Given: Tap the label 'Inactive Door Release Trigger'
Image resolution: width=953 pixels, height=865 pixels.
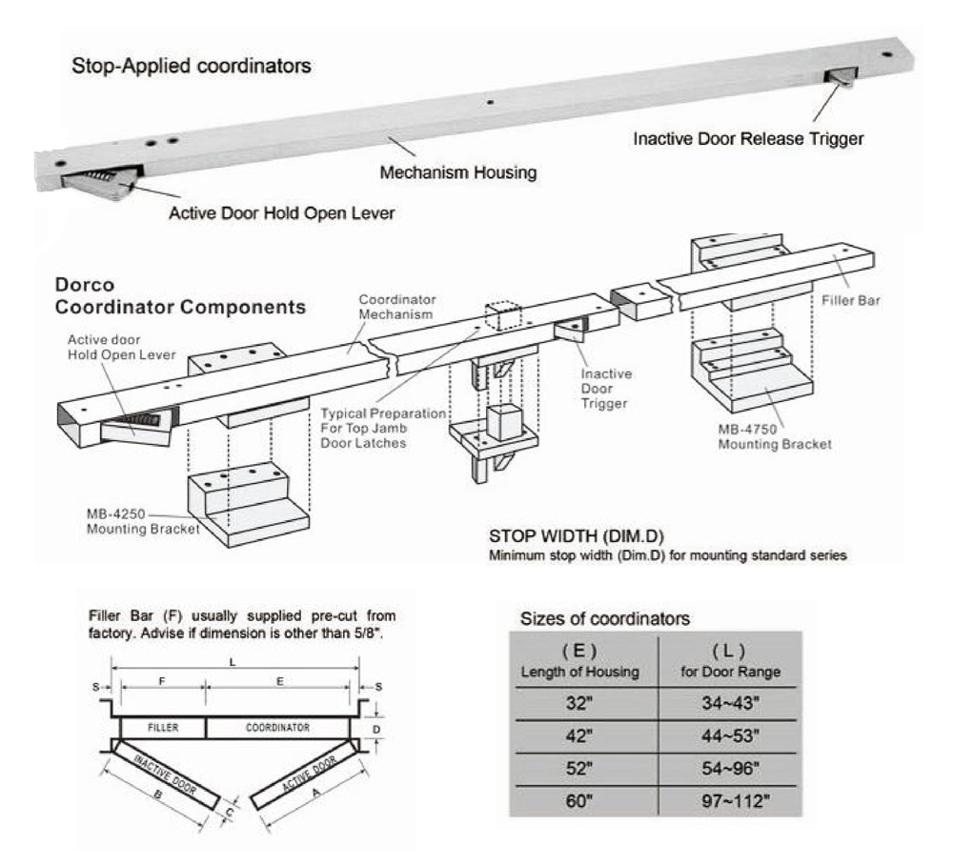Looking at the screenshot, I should click(x=748, y=139).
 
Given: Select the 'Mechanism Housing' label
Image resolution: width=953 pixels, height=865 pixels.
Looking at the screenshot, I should click(x=458, y=174).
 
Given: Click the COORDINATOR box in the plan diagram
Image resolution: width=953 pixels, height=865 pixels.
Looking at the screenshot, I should click(x=280, y=727).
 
